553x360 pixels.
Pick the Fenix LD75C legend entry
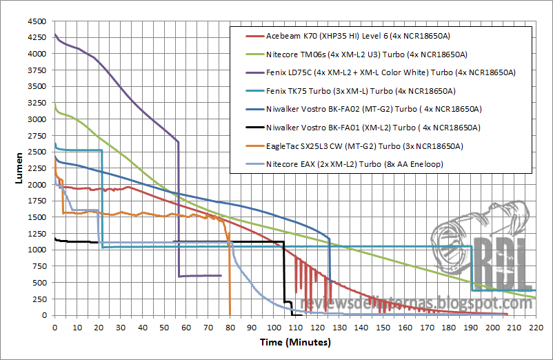[390, 72]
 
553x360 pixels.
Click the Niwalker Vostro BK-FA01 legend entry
[372, 128]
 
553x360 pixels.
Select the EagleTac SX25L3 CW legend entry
[364, 146]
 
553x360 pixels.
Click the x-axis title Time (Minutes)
[295, 342]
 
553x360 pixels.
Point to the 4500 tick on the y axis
[37, 21]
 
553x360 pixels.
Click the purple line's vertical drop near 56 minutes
[179, 207]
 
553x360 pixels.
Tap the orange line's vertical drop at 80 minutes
[230, 276]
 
